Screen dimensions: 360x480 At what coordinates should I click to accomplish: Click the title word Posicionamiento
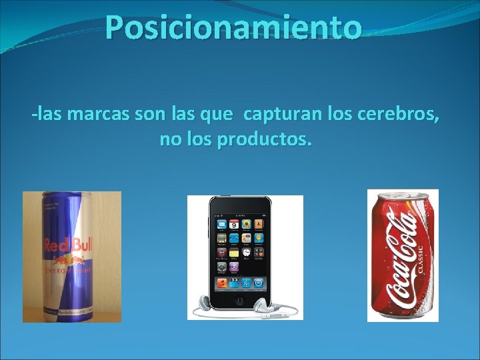(233, 28)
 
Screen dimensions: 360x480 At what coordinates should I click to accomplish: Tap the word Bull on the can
(85, 245)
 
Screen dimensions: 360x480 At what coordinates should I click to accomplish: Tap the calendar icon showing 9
(234, 225)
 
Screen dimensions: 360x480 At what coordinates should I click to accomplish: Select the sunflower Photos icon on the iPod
(246, 225)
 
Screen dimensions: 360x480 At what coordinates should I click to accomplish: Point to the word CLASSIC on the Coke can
(420, 257)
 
